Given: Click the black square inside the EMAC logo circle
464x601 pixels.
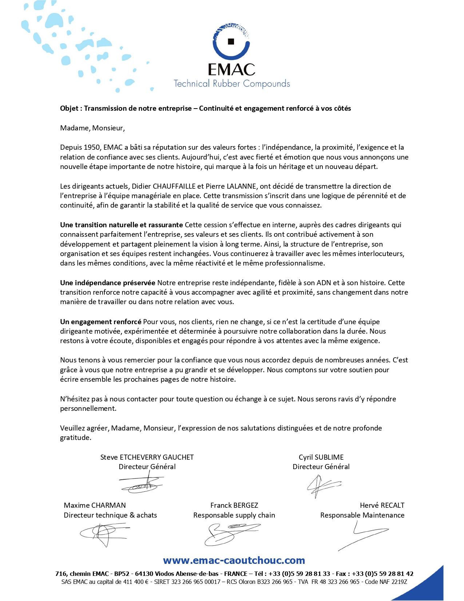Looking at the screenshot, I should pyautogui.click(x=231, y=42).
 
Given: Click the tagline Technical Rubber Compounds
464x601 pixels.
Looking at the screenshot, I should pyautogui.click(x=232, y=84).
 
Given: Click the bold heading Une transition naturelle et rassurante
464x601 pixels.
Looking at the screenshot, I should pyautogui.click(x=122, y=225).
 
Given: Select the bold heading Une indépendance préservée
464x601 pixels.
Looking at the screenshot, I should pyautogui.click(x=108, y=283).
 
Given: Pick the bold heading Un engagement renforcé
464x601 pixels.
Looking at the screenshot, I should pyautogui.click(x=101, y=322).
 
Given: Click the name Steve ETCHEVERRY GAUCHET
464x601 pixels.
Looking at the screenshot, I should pyautogui.click(x=147, y=457).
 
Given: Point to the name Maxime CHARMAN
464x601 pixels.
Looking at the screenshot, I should pyautogui.click(x=95, y=506).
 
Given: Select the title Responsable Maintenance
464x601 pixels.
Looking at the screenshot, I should pyautogui.click(x=362, y=515).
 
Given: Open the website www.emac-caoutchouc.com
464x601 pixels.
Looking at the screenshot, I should pyautogui.click(x=234, y=561).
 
